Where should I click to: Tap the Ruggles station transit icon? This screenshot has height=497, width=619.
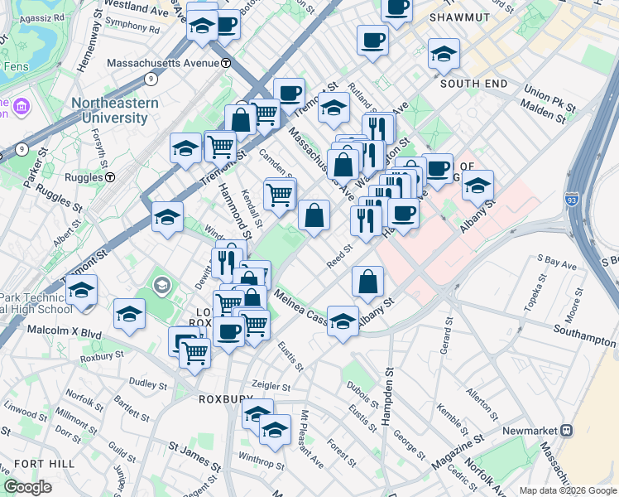click(109, 177)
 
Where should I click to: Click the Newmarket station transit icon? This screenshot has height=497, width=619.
click(567, 430)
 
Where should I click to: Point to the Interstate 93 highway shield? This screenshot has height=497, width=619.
click(573, 200)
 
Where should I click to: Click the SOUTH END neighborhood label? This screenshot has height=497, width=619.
click(473, 84)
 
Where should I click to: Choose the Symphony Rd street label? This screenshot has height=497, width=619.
click(132, 27)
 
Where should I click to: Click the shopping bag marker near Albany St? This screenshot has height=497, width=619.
click(367, 282)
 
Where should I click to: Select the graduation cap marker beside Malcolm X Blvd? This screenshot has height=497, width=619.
click(129, 315)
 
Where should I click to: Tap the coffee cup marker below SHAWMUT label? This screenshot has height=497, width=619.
click(372, 40)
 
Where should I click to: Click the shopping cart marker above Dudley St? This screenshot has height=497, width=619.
click(195, 353)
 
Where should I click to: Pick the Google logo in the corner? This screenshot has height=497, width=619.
click(27, 487)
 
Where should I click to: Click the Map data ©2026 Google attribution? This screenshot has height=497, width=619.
click(567, 490)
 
